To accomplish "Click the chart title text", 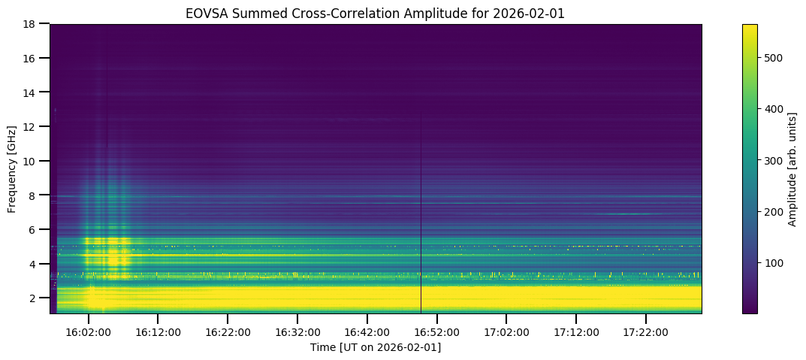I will point(376,13).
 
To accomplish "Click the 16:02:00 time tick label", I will point(88,332).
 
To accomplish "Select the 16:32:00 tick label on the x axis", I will point(297,332).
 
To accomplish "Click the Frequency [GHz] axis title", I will point(13,168).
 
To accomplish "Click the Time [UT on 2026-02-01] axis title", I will point(376,347).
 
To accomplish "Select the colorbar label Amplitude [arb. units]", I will point(792,168).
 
